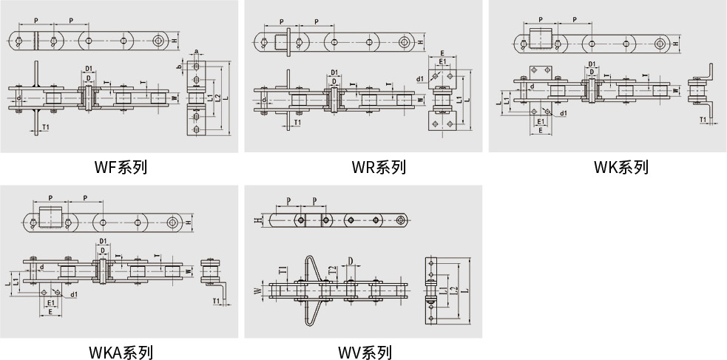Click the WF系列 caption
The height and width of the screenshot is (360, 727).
point(121,167)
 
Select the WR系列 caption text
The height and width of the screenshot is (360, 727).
point(379,167)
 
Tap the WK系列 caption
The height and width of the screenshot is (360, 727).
point(621,167)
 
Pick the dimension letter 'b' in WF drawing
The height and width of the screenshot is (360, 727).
point(179,67)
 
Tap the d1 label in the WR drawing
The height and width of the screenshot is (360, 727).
point(420,78)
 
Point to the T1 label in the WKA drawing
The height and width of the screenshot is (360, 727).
point(216,301)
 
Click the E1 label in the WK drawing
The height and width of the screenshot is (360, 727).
point(541,120)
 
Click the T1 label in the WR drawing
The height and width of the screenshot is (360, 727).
point(297,122)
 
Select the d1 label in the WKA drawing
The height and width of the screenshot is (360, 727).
point(75,294)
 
